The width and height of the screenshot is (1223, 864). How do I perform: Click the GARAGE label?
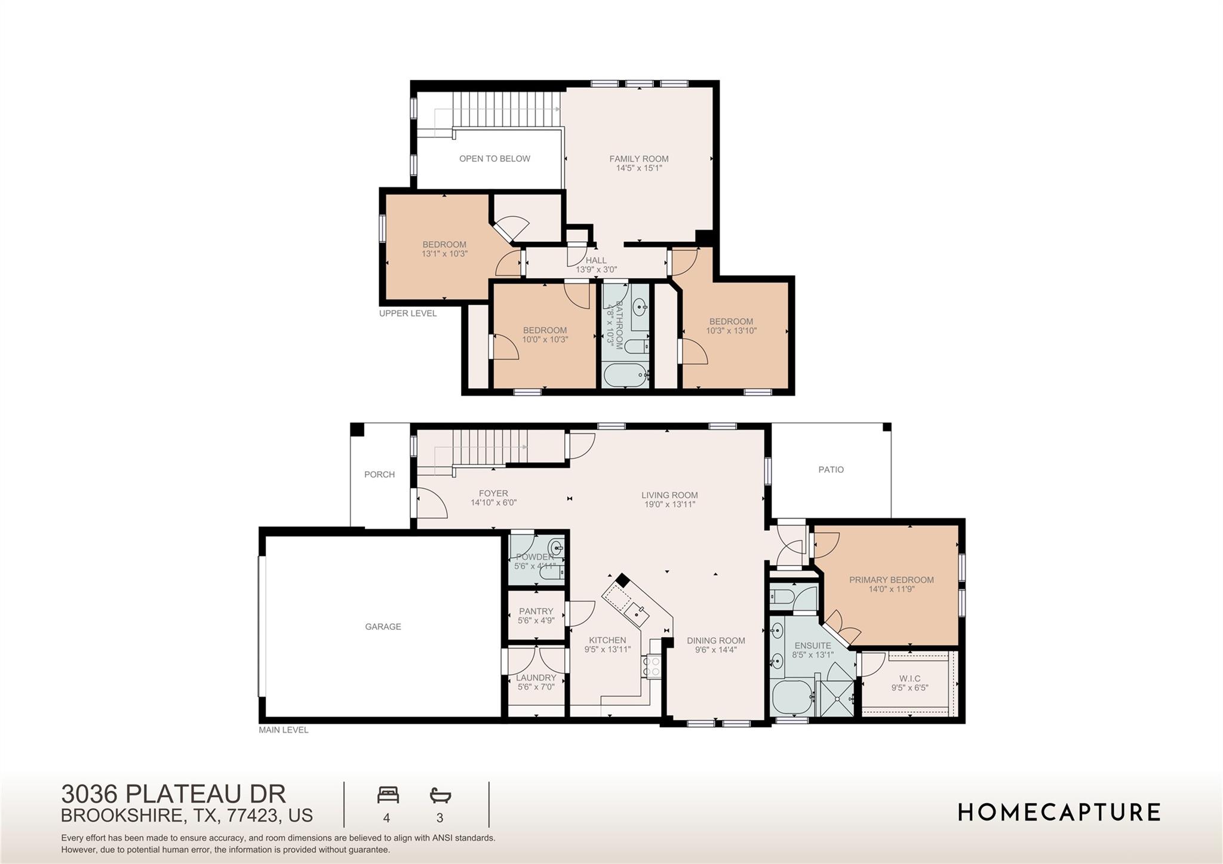click(x=383, y=626)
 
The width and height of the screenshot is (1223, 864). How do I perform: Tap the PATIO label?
click(x=831, y=469)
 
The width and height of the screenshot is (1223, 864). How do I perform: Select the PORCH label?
click(x=379, y=474)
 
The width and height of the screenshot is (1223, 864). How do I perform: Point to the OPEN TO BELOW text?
click(x=494, y=158)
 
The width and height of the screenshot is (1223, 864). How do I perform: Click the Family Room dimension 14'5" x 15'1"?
click(x=639, y=168)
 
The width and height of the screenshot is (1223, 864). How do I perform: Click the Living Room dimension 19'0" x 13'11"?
click(x=669, y=505)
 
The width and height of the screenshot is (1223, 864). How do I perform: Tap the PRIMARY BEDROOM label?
click(x=891, y=579)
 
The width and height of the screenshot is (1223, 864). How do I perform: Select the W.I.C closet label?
click(x=909, y=678)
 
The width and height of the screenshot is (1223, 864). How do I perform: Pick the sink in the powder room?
click(x=557, y=546)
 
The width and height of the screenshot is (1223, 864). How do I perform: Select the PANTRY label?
click(x=536, y=611)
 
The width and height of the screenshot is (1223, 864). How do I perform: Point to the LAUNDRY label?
click(x=536, y=677)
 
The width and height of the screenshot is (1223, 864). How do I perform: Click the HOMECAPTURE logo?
click(x=1059, y=812)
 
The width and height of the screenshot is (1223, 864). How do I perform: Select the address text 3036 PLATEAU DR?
click(x=173, y=794)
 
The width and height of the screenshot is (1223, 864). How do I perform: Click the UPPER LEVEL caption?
click(x=408, y=313)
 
